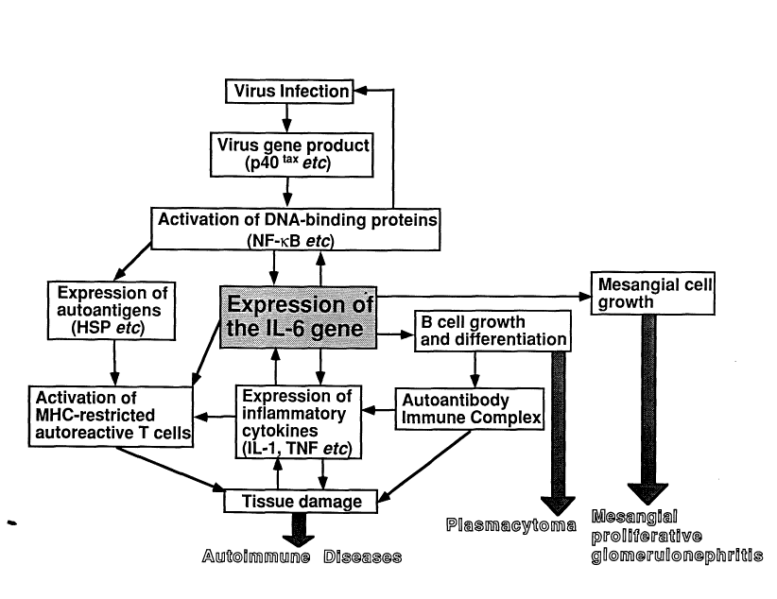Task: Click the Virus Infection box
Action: pyautogui.click(x=287, y=92)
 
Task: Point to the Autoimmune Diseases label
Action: pyautogui.click(x=302, y=556)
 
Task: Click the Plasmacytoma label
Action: pyautogui.click(x=511, y=525)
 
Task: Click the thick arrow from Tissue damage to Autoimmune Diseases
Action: pyautogui.click(x=302, y=529)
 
